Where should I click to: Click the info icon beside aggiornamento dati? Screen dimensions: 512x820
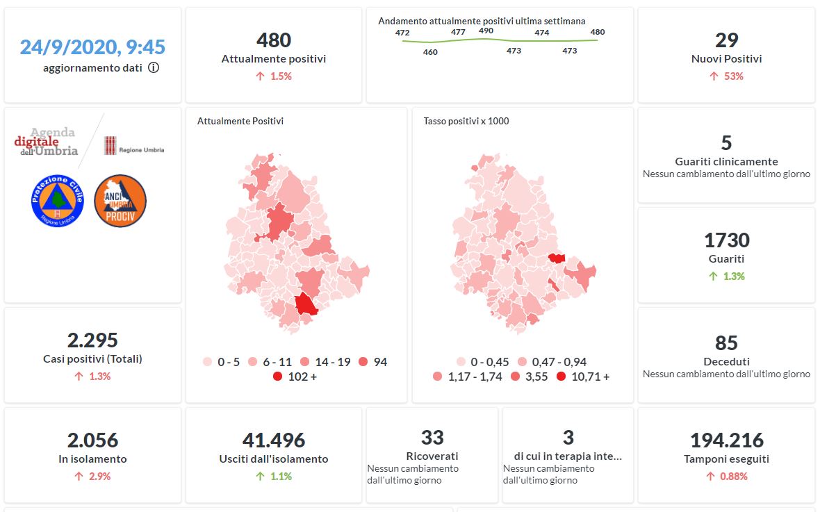(x=154, y=68)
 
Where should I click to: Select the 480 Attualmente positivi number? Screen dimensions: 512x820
(x=274, y=40)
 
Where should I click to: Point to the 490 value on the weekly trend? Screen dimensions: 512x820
(x=486, y=31)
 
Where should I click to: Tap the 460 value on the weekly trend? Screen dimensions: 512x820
(x=430, y=52)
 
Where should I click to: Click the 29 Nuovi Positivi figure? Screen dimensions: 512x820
(x=726, y=40)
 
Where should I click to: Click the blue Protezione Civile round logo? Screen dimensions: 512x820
(x=58, y=200)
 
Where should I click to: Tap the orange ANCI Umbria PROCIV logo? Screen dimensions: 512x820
(x=120, y=200)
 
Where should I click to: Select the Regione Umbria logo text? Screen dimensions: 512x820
(x=141, y=149)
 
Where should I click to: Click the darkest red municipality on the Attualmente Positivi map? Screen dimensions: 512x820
(x=305, y=304)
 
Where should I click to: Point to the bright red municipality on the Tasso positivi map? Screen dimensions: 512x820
(x=556, y=258)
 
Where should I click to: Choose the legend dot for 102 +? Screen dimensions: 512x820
(x=278, y=377)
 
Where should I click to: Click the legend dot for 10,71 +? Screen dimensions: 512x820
(x=560, y=377)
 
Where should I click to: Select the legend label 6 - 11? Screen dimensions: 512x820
(x=277, y=362)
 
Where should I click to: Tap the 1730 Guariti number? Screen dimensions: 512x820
(x=726, y=240)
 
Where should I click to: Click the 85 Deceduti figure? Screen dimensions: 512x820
(x=726, y=343)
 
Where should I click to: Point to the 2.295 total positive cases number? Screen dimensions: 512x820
(x=92, y=340)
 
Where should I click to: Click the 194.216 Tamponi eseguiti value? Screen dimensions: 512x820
(x=726, y=440)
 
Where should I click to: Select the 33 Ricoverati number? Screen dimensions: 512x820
(x=432, y=438)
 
